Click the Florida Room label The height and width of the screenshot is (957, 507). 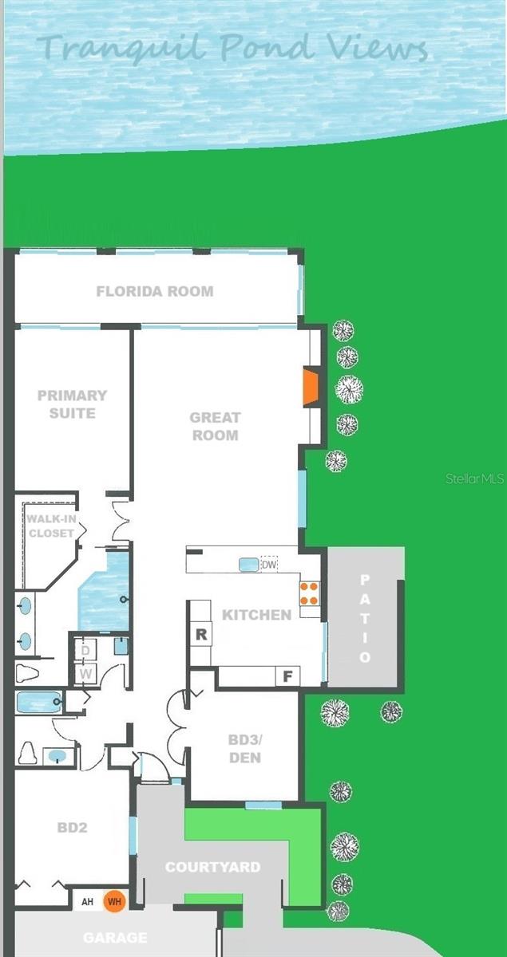coord(155,291)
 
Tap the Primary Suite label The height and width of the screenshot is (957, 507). coord(72,404)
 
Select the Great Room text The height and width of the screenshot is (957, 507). coord(215,426)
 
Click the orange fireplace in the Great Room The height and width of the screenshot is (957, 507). coord(311,388)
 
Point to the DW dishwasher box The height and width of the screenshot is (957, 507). coord(268,564)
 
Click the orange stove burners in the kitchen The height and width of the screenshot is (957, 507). coord(309,593)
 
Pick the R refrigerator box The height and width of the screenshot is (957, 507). coord(201,635)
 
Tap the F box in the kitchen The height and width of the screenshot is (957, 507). coord(287,676)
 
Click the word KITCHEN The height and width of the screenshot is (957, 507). coord(256,615)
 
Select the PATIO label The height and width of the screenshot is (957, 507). coord(365,618)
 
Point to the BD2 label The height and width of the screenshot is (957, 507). coord(72,828)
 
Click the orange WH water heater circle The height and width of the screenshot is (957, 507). coord(116,901)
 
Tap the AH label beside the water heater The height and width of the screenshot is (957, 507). coord(88,902)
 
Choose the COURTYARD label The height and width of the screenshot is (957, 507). coord(212,867)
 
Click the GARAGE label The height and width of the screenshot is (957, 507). coord(116,938)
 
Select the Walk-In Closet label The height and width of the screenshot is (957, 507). coord(50,526)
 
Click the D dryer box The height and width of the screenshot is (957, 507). coord(85,650)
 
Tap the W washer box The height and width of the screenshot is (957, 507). coord(85,675)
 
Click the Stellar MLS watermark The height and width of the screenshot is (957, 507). coord(474,478)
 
